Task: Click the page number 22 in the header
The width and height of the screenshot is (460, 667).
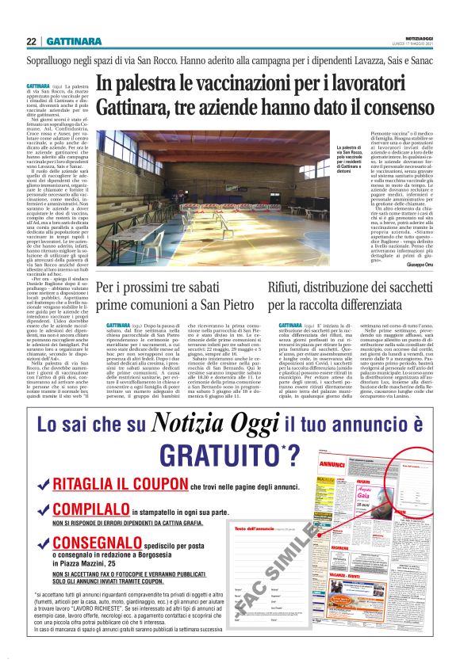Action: [x=31, y=41]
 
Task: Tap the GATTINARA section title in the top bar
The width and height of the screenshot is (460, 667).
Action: [x=73, y=41]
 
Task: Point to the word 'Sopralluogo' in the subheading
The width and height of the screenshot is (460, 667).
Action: [x=56, y=59]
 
